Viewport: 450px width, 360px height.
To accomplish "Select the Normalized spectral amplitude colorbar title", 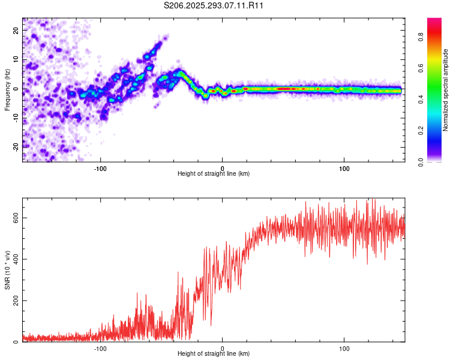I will (446, 90).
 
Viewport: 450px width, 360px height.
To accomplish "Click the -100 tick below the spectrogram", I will (100, 167).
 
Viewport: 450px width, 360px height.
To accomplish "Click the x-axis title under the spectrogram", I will (214, 174).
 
